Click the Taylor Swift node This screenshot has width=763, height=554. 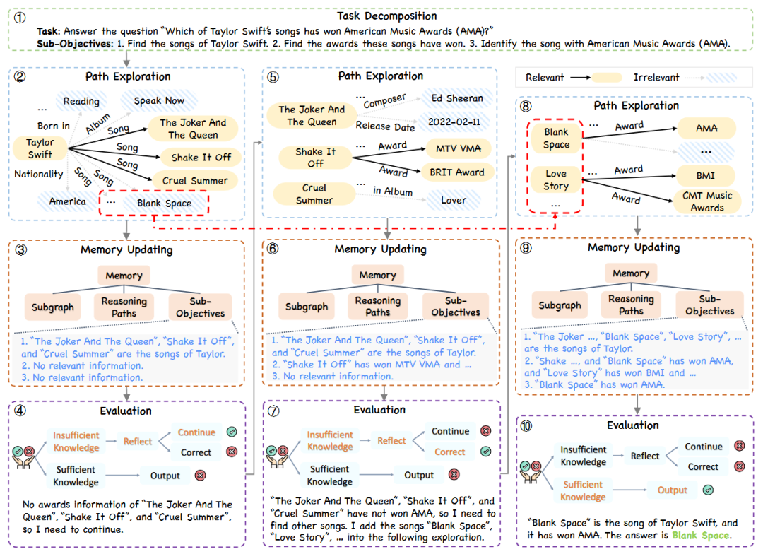40,148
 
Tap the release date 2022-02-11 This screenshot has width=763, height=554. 454,122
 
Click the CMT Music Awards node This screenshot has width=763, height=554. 707,201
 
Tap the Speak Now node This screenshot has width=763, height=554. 159,100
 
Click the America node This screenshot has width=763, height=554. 67,201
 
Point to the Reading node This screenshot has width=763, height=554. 81,101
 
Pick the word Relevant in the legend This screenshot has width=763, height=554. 546,77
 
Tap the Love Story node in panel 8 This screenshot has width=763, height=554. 556,179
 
